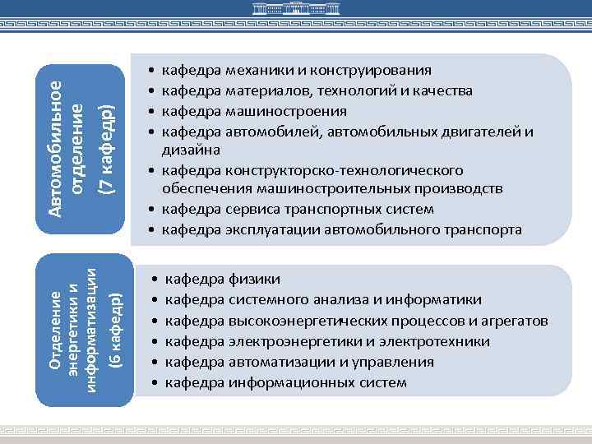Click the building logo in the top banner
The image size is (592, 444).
coord(295,11)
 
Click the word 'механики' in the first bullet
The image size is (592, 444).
coord(252,71)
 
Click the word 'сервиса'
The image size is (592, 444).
coord(247,210)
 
